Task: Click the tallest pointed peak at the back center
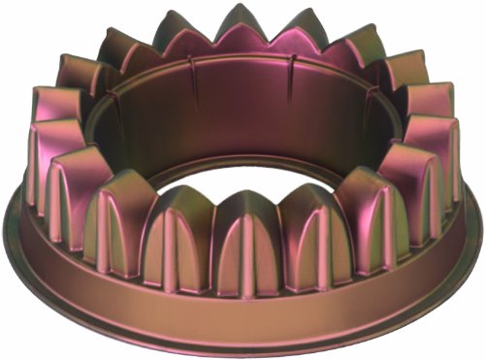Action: [240, 19]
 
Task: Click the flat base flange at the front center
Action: [242, 315]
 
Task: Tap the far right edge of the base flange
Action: [479, 228]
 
